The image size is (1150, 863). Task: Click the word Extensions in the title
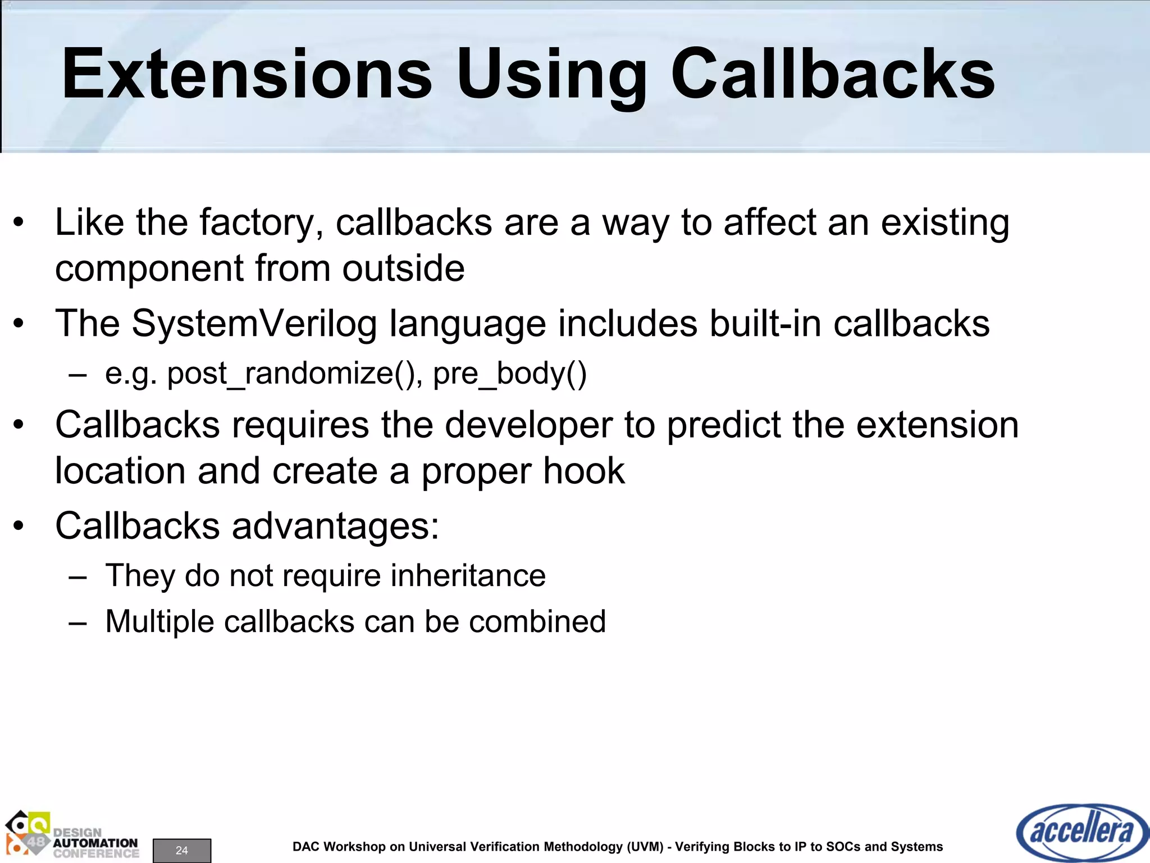(x=247, y=74)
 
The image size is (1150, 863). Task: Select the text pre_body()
(x=509, y=374)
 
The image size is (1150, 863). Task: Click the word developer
(x=528, y=425)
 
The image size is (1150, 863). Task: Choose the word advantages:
(x=335, y=526)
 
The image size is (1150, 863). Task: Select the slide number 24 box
(x=181, y=850)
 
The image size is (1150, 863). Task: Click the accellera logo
(x=1081, y=832)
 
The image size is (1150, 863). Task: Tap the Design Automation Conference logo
(x=72, y=836)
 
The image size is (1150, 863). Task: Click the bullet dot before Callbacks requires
(x=19, y=425)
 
